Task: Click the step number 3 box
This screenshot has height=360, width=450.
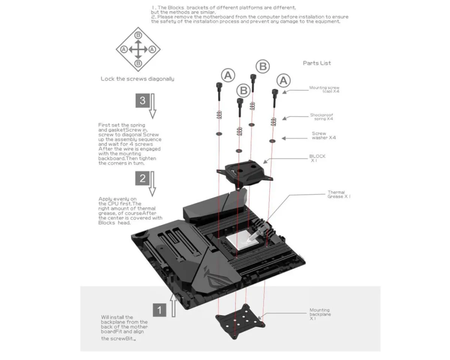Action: pyautogui.click(x=142, y=100)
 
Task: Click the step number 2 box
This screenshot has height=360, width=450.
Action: pyautogui.click(x=142, y=178)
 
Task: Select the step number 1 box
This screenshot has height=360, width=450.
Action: pyautogui.click(x=160, y=310)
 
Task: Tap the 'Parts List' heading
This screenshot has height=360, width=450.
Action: pyautogui.click(x=317, y=63)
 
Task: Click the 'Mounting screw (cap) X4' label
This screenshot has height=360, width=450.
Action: pyautogui.click(x=324, y=89)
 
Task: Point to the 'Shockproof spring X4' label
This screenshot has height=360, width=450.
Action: pyautogui.click(x=321, y=117)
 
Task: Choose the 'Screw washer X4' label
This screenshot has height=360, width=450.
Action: pyautogui.click(x=324, y=135)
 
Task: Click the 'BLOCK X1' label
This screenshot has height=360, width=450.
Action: pyautogui.click(x=317, y=158)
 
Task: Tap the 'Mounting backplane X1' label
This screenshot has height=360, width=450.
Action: pyautogui.click(x=319, y=314)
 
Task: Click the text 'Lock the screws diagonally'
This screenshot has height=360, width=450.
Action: pyautogui.click(x=137, y=79)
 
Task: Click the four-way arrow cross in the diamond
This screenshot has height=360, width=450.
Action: pyautogui.click(x=138, y=49)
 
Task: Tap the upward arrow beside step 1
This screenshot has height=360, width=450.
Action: pyautogui.click(x=174, y=305)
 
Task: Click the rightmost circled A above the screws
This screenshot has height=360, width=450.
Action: pyautogui.click(x=283, y=80)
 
